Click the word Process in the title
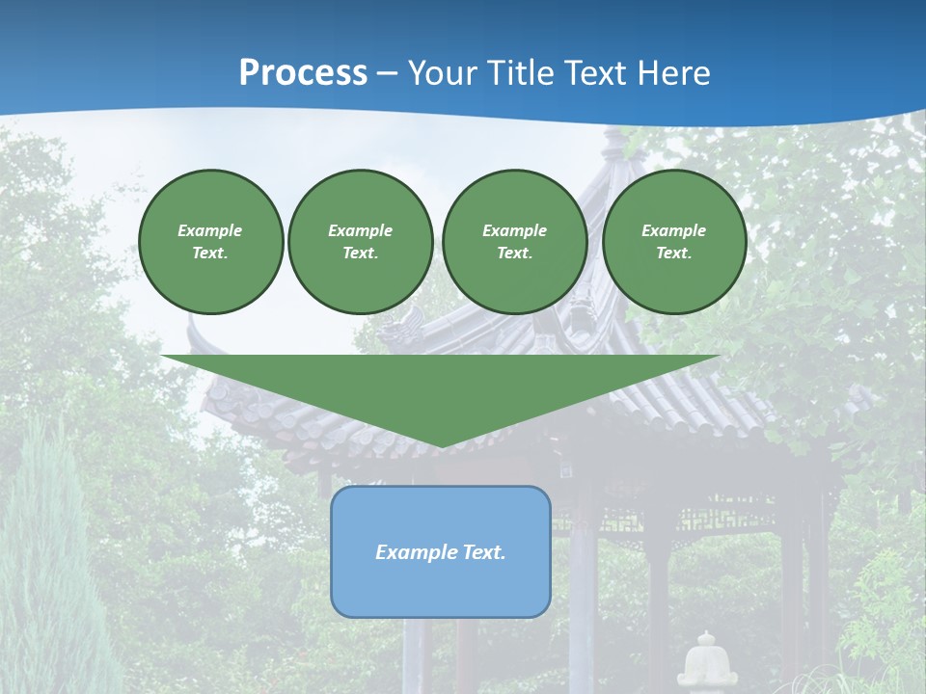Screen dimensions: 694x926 coord(303,73)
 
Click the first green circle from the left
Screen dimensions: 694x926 coord(211,242)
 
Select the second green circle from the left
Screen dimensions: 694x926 coord(361,242)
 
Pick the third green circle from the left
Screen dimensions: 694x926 coord(515,242)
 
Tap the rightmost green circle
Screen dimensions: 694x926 coord(674,242)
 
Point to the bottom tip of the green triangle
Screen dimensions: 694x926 coord(441,445)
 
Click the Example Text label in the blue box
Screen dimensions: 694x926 coord(441,552)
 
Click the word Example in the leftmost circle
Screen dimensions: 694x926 coord(210,230)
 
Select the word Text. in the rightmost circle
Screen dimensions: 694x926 coord(674,254)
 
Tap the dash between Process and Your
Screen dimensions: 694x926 coord(388,73)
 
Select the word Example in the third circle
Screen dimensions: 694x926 coord(515,230)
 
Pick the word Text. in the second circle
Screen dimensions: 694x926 coord(361,254)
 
